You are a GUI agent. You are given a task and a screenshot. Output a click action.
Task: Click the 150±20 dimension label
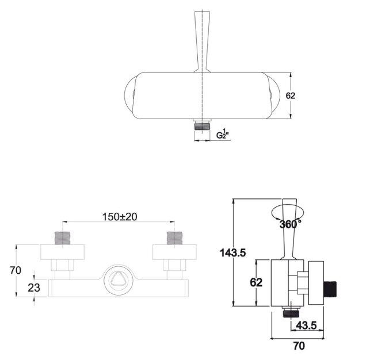[120, 217]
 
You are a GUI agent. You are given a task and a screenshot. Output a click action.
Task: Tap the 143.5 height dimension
[233, 252]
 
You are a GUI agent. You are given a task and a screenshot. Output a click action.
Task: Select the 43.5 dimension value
[306, 325]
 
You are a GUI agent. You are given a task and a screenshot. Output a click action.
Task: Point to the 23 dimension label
[34, 288]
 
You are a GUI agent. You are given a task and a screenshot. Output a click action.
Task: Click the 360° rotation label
[290, 224]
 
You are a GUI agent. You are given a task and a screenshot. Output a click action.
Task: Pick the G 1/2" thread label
[223, 133]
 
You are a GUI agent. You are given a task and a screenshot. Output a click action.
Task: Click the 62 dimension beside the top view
[291, 95]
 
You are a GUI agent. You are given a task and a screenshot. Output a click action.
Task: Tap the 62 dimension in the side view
[256, 282]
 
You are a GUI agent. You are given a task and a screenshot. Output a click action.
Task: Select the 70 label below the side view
[299, 346]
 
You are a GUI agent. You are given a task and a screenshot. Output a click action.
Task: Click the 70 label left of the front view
[16, 270]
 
